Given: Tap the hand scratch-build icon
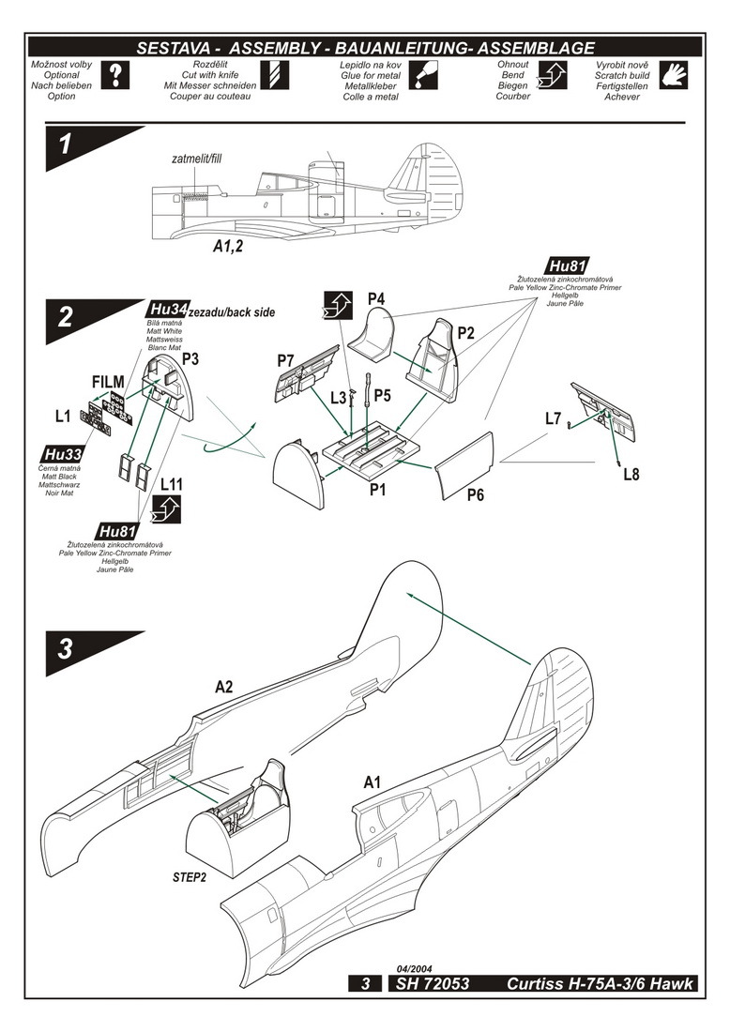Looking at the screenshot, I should click(675, 75).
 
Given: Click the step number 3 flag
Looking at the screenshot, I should click(70, 651).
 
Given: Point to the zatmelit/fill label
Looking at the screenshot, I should click(197, 159).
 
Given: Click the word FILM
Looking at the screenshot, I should click(108, 382).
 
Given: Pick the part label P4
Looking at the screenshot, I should click(377, 299).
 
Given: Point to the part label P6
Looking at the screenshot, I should click(476, 493).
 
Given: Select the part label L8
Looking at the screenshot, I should click(631, 474).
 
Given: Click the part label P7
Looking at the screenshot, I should click(287, 360).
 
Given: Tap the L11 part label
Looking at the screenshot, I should click(171, 484).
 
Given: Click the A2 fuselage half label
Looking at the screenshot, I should click(223, 687).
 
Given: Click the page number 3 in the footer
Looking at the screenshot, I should click(365, 984).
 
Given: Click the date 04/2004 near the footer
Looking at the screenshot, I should click(414, 967).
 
